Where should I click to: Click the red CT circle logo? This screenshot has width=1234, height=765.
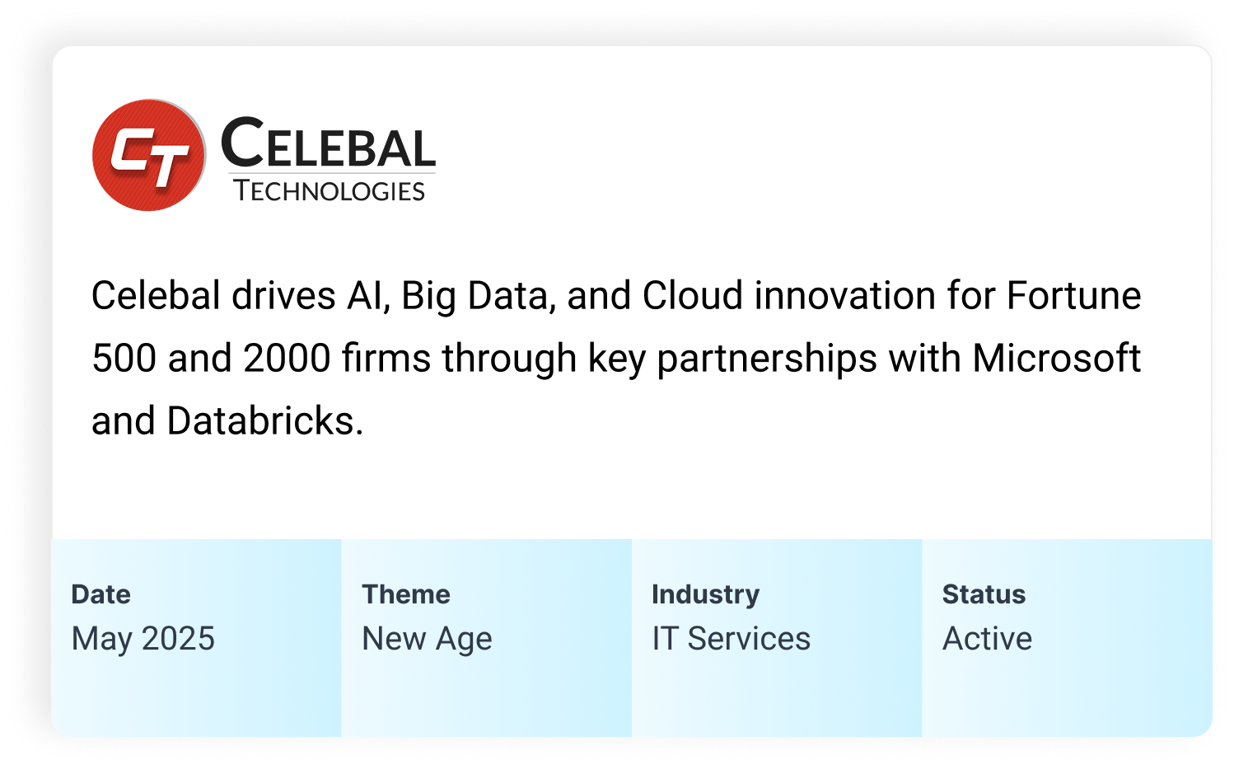(x=149, y=155)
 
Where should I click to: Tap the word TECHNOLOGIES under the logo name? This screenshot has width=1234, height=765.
(x=329, y=191)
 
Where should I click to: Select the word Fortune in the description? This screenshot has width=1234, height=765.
(x=1073, y=295)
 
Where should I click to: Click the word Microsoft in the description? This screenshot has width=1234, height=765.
(x=1056, y=359)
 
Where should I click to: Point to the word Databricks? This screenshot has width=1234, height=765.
(x=265, y=420)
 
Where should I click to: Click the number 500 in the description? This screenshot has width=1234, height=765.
(x=124, y=359)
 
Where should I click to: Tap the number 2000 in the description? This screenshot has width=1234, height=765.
(x=287, y=359)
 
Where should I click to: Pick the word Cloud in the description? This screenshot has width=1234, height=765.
(x=693, y=295)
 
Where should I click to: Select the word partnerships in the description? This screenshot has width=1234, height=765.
(x=767, y=359)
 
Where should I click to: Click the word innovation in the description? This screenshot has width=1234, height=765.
(x=845, y=295)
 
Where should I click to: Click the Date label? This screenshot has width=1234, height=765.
(x=100, y=594)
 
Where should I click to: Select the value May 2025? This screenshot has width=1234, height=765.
(x=143, y=639)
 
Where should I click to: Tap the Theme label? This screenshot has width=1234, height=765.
(x=406, y=594)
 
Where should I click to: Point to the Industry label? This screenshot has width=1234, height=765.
(x=706, y=595)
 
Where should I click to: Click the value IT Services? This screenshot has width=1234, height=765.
(x=731, y=639)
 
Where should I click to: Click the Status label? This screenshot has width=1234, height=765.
(x=984, y=594)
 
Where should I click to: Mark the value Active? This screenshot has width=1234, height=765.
(x=987, y=639)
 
